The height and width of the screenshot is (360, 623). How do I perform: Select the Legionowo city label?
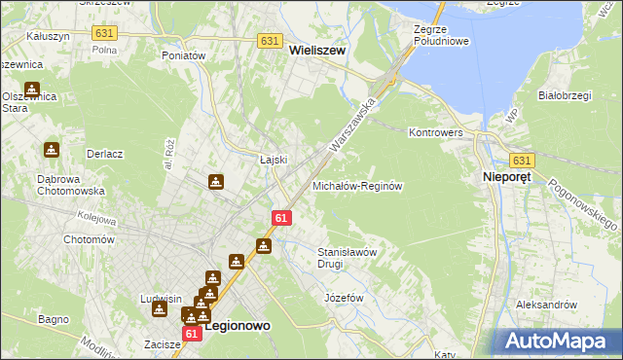236,329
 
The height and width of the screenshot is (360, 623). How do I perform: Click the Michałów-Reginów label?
357,185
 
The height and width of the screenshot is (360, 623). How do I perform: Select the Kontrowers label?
434,131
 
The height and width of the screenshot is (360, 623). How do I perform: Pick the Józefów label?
344,297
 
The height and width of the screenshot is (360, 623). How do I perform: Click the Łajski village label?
272,161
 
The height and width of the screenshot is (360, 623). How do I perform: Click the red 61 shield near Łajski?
280,219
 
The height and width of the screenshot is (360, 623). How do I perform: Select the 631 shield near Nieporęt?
523,161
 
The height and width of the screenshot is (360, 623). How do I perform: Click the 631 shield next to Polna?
104,32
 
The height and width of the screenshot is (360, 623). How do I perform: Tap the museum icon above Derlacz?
51,150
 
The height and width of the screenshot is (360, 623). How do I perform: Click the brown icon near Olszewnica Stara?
33,90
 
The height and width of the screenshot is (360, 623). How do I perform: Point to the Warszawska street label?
353,121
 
